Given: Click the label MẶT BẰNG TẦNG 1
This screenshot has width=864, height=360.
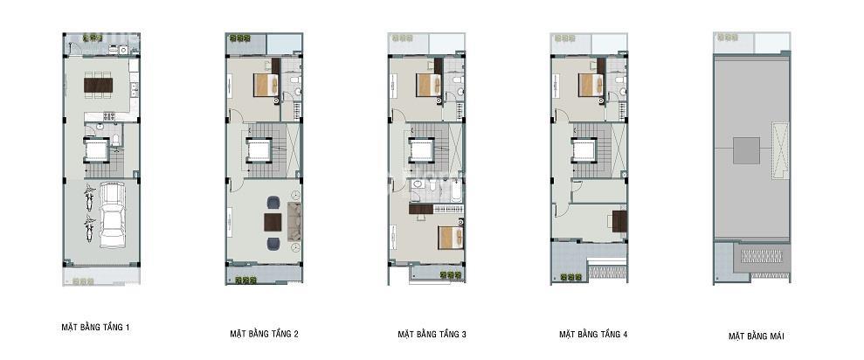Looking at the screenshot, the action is (x=95, y=328).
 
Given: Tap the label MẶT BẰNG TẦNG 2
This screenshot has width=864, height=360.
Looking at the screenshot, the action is (x=265, y=334).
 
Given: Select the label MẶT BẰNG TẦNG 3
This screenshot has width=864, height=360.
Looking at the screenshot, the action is (x=432, y=334).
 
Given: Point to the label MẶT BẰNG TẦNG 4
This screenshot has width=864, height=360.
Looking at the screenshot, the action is (x=593, y=334).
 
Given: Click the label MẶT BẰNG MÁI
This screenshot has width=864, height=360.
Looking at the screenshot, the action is (x=756, y=336).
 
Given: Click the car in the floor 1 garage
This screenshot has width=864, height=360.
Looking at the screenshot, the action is (x=113, y=216).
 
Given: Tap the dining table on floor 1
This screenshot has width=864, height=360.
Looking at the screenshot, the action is (x=99, y=85).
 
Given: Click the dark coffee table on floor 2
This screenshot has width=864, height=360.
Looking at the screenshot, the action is (x=273, y=222).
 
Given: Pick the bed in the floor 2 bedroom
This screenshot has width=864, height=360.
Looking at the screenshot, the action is (x=265, y=85).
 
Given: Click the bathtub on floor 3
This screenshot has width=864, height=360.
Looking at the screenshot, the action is (x=450, y=191).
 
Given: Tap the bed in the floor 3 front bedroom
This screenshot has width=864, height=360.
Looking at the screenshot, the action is (x=450, y=237).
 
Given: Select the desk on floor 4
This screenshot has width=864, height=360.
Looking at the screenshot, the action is (x=619, y=222).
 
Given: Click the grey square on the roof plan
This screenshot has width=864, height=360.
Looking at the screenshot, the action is (x=746, y=150).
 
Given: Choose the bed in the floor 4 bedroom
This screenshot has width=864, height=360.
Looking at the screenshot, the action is (x=591, y=85).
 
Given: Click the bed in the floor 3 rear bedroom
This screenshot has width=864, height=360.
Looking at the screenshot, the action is (x=427, y=85).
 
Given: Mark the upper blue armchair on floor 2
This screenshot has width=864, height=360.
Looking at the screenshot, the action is (x=273, y=203).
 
